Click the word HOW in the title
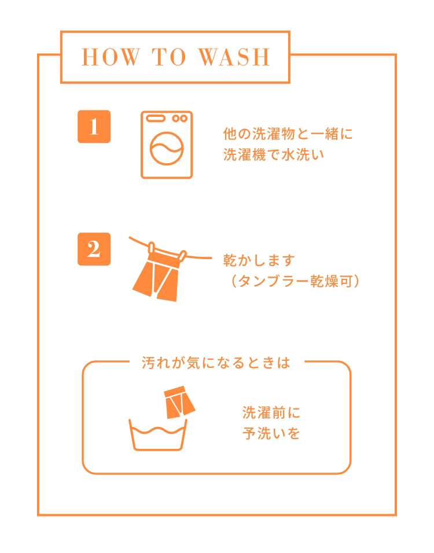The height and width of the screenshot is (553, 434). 111,57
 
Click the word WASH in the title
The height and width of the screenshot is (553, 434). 234,57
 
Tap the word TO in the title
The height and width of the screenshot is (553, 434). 168,57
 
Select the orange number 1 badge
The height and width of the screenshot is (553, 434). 94,127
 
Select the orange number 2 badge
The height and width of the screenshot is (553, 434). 94,249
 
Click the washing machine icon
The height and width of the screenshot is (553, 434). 167,145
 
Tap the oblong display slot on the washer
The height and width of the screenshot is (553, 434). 156,119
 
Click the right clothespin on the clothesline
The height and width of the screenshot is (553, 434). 182,256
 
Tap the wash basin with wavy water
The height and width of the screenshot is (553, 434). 158,435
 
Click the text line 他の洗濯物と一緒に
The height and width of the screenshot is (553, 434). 288,134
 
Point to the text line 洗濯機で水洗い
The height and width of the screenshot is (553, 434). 274,154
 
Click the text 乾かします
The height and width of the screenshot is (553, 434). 259,261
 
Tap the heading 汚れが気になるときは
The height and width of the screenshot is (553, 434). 216,363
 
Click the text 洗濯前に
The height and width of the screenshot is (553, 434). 271,412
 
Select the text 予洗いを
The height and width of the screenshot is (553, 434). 271,433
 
